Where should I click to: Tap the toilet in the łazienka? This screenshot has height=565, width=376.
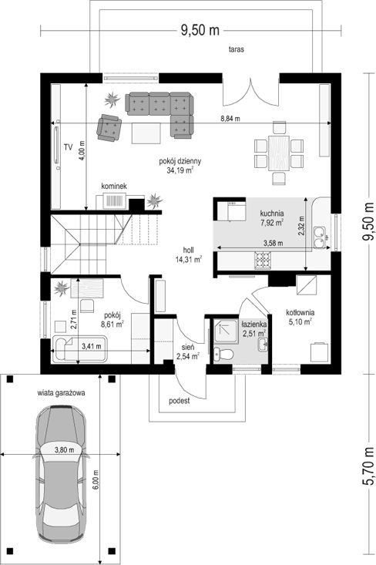(223, 354)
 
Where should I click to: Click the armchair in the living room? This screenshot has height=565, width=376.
(109, 127)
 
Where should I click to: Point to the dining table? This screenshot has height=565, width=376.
(279, 153)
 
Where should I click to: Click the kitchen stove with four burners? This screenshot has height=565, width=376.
(263, 261)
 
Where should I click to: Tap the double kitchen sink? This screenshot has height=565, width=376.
(320, 237)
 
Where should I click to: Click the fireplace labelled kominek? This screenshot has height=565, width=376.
(114, 201)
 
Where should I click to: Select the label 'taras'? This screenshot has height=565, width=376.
(237, 49)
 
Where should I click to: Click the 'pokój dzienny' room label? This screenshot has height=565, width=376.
(180, 161)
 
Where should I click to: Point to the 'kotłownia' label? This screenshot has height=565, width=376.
(300, 312)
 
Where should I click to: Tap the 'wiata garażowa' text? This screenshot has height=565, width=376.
(61, 393)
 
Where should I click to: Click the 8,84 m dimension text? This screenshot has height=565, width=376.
(230, 119)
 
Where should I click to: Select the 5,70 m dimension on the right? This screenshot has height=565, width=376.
(368, 466)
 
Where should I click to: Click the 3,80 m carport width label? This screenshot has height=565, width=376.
(64, 449)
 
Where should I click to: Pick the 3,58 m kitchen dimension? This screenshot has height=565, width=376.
(273, 244)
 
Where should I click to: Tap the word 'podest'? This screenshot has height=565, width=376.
(180, 401)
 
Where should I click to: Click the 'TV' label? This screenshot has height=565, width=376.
(68, 146)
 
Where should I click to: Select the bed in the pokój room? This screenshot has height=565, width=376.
(79, 349)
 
